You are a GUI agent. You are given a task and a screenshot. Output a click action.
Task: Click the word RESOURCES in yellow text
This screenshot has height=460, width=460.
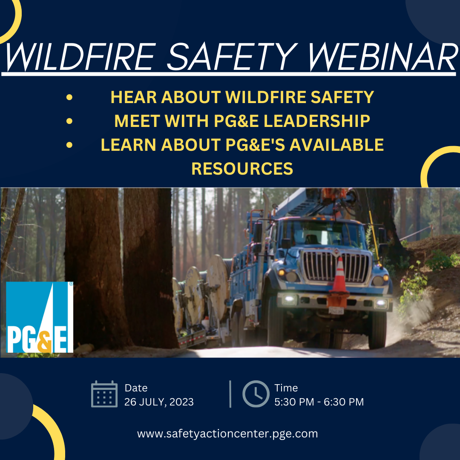click(x=242, y=169)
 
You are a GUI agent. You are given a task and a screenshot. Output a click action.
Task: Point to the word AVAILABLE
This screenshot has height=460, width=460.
click(x=336, y=145)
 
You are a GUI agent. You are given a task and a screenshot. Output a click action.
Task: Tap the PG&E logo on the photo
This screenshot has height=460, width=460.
click(x=40, y=317)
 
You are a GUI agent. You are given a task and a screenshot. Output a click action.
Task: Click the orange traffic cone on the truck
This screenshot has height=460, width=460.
click(x=339, y=275)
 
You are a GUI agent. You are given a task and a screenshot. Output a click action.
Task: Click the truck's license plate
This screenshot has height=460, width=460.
click(x=336, y=310)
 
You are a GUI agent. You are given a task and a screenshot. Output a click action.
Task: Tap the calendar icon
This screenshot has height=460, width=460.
click(x=104, y=394)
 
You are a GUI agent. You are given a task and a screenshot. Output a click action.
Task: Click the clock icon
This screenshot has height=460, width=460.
click(x=256, y=394)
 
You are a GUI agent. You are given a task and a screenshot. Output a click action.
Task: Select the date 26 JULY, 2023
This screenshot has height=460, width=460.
click(x=159, y=402)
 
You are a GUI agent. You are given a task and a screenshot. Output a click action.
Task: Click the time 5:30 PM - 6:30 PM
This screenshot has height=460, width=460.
click(x=319, y=402)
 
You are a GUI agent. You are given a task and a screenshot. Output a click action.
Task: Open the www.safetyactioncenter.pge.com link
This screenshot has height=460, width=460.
click(x=227, y=434)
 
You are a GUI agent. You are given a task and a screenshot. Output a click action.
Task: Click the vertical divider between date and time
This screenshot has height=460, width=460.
click(x=230, y=394)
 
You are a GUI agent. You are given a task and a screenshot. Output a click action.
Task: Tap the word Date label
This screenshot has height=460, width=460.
click(x=136, y=388)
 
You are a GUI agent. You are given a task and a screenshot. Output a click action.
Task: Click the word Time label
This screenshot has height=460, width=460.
click(x=286, y=388)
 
